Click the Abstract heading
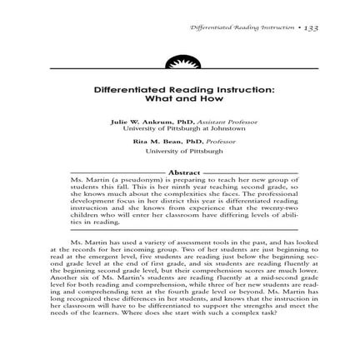pyautogui.click(x=180, y=171)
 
